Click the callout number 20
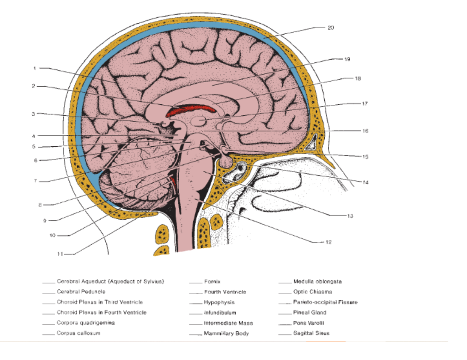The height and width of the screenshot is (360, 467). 331,27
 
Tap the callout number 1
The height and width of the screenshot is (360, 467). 35,69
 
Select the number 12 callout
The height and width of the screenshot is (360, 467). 329,242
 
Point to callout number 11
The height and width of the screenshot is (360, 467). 59,254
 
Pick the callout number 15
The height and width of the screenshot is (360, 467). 365,157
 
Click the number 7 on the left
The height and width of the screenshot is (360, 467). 35,181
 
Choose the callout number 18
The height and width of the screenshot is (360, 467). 358,78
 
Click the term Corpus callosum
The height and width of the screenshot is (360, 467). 78,333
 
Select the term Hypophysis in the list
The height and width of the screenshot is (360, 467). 219,302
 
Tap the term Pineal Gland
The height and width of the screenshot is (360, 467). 310,313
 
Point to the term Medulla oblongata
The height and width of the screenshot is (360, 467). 317,281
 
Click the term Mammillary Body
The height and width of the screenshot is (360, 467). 226,334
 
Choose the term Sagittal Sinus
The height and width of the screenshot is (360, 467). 311,333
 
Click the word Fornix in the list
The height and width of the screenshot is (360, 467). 212,282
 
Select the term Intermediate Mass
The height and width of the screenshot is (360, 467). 228,323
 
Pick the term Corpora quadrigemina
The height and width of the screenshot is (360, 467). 85,323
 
